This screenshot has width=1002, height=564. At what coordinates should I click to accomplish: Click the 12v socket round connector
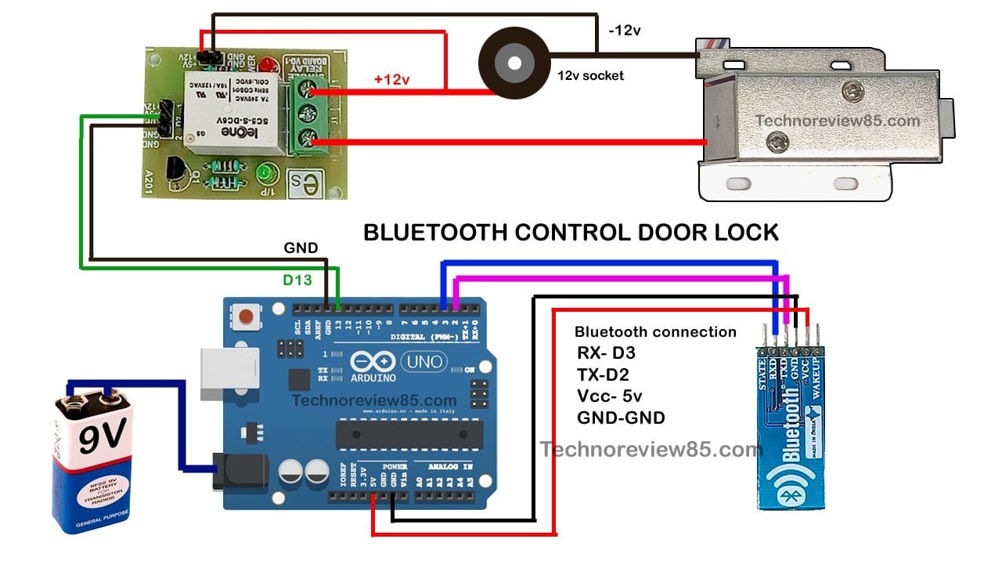click(x=514, y=64)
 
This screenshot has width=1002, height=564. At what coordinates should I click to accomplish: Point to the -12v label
click(x=625, y=31)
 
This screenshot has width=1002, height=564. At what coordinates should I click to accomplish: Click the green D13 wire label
click(x=297, y=279)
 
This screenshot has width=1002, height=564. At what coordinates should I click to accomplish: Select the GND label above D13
click(x=301, y=248)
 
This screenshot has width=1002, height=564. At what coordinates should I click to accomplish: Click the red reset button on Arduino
click(x=247, y=316)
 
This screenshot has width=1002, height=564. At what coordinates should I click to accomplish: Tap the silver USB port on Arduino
click(x=229, y=369)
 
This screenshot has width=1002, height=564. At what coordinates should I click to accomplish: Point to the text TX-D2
click(x=603, y=374)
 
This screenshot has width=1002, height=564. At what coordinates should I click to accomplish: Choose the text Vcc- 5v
click(x=609, y=396)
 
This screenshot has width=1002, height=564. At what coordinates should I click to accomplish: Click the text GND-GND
click(x=621, y=418)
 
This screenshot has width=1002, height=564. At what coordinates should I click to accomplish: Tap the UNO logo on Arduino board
click(x=424, y=362)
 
